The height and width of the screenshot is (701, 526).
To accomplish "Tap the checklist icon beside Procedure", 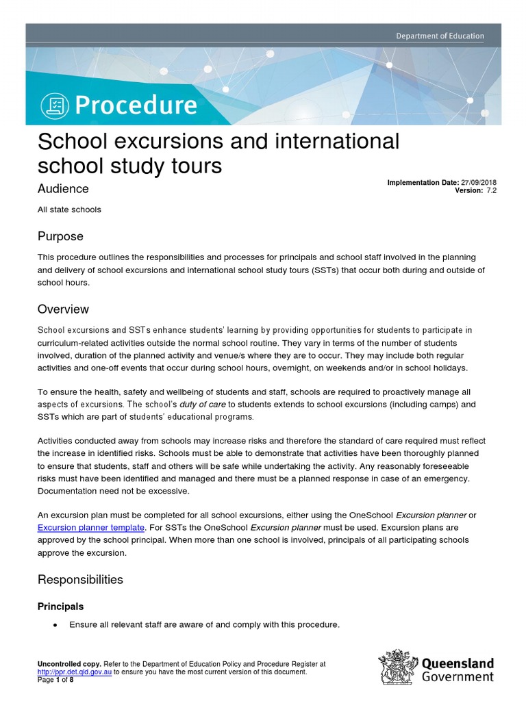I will [54, 105].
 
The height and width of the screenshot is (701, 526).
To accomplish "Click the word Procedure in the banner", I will [136, 105].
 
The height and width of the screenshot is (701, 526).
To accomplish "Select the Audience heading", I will [62, 188].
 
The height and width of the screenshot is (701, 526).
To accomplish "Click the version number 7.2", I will [491, 191].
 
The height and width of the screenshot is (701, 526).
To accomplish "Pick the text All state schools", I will [69, 209].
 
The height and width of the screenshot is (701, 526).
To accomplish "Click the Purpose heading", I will [60, 236].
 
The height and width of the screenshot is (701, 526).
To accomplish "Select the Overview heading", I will [63, 309].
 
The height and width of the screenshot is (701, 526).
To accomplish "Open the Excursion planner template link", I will [90, 528].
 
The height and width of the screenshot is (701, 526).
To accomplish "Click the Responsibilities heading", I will [80, 580].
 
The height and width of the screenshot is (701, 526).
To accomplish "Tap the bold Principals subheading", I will [61, 607].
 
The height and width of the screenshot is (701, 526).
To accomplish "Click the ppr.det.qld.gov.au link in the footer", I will [74, 672].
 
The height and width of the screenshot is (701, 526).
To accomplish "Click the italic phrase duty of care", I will [203, 405].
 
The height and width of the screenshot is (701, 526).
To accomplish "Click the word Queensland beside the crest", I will [457, 663].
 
